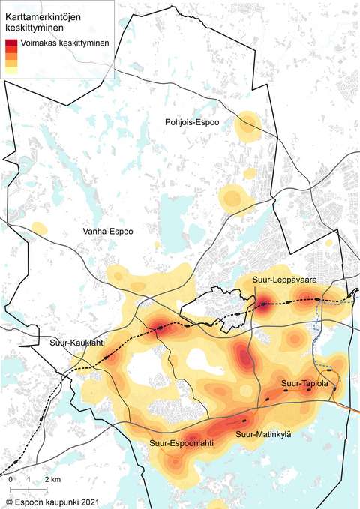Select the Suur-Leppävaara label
click(283, 280)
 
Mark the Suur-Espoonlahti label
click(182, 443)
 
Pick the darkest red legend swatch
click(10, 43)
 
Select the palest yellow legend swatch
click(10, 70)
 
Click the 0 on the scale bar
click(11, 478)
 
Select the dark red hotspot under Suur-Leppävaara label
click(266, 304)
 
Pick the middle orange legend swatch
click(10, 57)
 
